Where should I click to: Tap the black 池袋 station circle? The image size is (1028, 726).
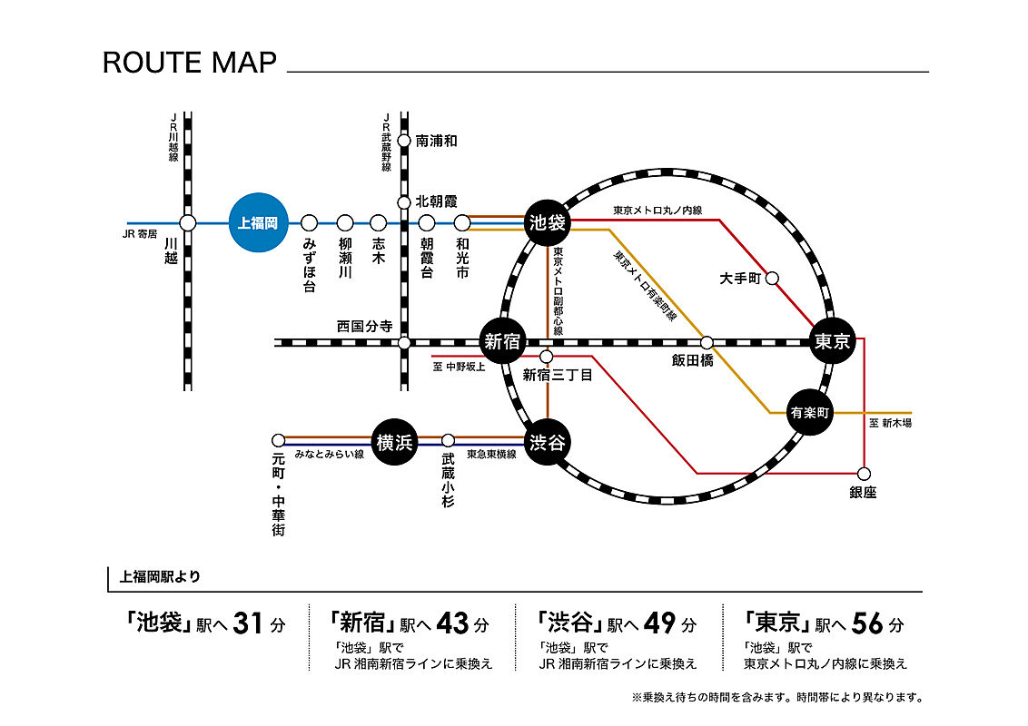coord(547,222)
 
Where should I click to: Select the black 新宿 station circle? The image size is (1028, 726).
coord(502,342)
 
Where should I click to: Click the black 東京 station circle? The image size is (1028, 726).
coord(832,342)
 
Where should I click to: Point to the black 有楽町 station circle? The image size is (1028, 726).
coord(810,412)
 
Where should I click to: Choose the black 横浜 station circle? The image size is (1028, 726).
coord(394,443)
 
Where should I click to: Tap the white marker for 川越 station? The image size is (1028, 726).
coord(188,222)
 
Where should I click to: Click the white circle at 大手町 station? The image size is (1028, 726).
coord(773,279)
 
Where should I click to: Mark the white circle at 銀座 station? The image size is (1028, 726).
coord(864,474)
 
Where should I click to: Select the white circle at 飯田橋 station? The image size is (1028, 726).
coord(707,342)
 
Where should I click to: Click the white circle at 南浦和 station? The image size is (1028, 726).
coord(404,141)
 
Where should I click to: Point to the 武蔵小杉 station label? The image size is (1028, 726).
coord(448,482)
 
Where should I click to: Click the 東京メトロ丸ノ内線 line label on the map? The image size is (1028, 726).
coord(657,211)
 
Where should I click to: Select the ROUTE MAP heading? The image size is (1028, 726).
coord(189,63)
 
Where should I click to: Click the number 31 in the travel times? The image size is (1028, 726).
coord(248,624)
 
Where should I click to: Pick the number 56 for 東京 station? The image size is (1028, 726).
coord(868,624)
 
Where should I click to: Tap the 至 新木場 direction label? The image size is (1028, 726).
coord(890,424)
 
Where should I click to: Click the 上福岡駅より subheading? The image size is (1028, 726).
coord(161,575)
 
